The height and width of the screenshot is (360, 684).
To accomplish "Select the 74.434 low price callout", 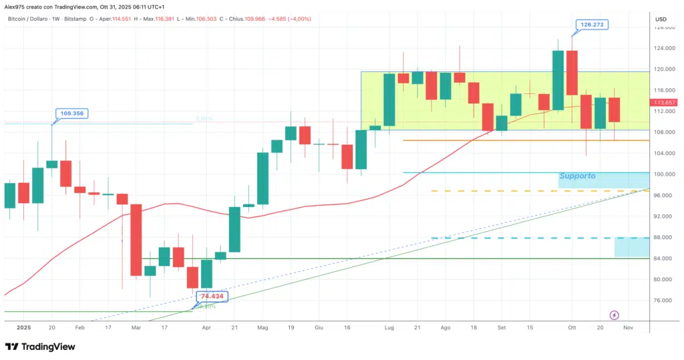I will (211, 296).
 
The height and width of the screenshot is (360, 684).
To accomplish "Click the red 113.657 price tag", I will (666, 102).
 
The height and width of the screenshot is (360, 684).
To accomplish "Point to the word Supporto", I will (578, 176).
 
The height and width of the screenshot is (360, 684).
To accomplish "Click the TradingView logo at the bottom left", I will (41, 347).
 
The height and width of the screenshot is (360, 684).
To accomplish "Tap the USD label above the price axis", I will (662, 19).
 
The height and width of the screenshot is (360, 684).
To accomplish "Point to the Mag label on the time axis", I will (262, 328).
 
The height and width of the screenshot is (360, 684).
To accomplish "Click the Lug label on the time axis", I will (388, 328).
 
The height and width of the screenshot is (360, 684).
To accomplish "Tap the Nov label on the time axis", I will (628, 328).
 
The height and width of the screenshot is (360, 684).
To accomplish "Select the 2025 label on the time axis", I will (24, 328).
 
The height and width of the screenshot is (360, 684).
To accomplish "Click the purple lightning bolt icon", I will (615, 315).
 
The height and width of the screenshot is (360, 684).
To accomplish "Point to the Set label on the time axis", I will (502, 328).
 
